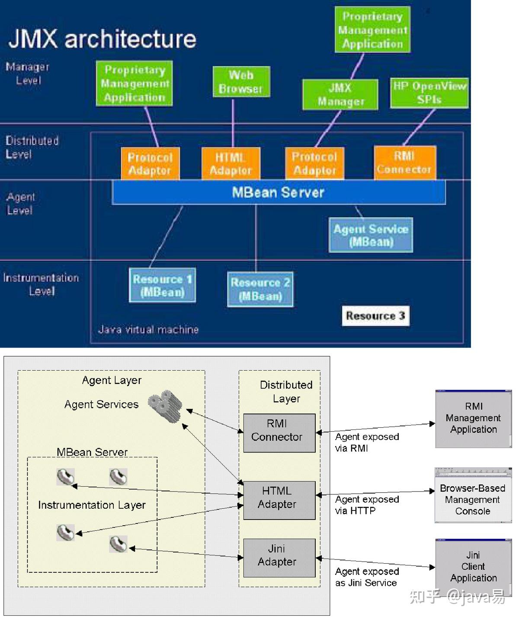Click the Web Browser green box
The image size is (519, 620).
coord(241,82)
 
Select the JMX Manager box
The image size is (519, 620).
coord(340,94)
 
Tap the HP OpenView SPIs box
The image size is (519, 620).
coord(429,93)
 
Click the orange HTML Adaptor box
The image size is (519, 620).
coord(231,164)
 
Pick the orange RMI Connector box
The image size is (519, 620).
coord(404,163)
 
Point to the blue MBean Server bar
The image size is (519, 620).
coord(279,192)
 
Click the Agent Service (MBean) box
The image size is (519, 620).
coord(371,235)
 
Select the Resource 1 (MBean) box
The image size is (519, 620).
coord(162,285)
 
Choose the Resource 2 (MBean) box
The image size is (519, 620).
coord(260,289)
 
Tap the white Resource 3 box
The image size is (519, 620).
coord(375,316)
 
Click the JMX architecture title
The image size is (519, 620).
coord(102,39)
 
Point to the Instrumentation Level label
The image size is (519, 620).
coord(41,284)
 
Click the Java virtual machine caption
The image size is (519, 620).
coord(148,330)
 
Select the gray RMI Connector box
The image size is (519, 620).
coord(279,433)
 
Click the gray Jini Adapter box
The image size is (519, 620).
coord(279,558)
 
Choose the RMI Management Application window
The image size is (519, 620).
coord(473,419)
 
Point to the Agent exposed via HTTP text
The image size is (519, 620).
coord(367,505)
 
